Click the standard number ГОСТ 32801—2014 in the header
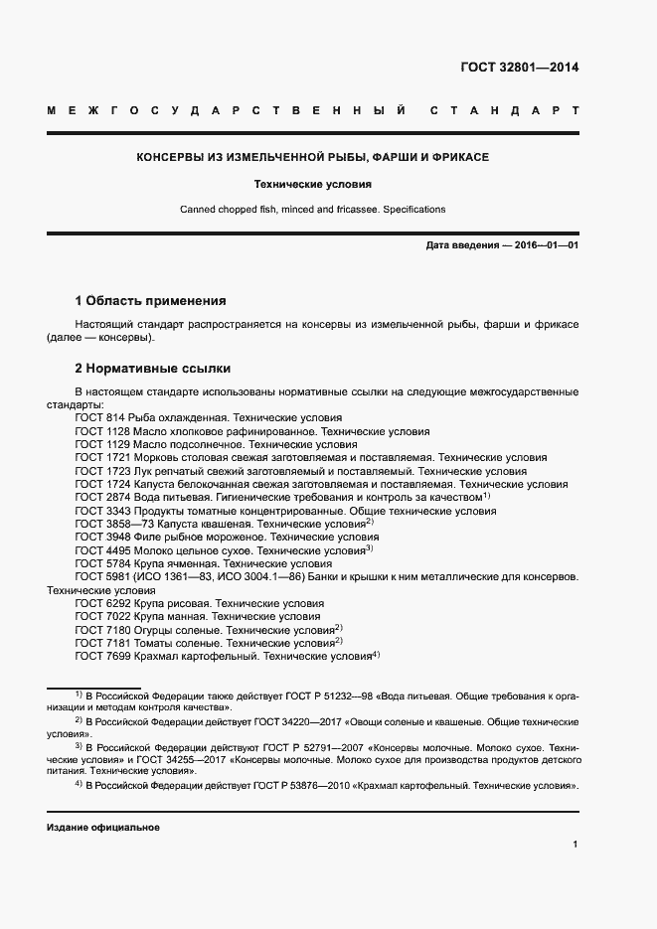(519, 69)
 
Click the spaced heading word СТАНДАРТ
(504, 110)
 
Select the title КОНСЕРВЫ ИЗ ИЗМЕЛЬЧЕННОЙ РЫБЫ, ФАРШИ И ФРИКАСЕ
(312, 157)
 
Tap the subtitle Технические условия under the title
(312, 184)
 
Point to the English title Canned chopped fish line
(312, 210)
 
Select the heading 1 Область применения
(151, 300)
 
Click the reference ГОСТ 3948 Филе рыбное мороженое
(228, 537)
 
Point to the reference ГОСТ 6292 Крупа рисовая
(199, 603)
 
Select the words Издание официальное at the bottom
(103, 828)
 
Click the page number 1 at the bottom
(575, 845)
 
